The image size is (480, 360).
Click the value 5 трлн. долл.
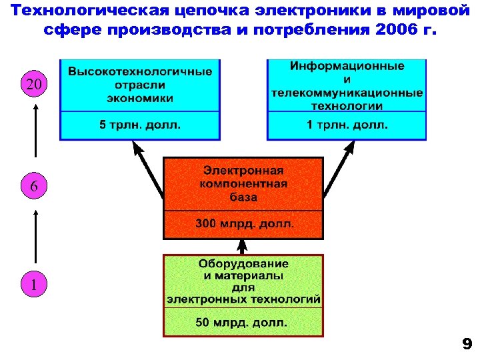click(140, 125)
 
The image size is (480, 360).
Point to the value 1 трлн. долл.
click(347, 125)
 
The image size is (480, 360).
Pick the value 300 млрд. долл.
click(244, 224)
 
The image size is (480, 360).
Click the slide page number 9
click(467, 344)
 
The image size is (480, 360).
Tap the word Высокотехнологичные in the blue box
click(141, 71)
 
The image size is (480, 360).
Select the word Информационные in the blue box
click(347, 65)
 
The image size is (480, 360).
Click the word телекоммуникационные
click(347, 92)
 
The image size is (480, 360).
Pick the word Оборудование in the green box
click(243, 264)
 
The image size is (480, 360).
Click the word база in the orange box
click(243, 197)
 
